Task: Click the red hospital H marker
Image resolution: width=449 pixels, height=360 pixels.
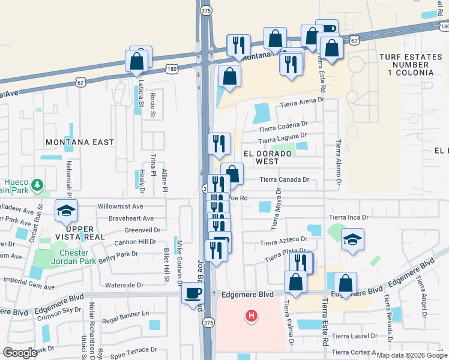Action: (x=252, y=314)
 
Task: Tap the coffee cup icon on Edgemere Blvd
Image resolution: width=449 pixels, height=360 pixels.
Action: (x=193, y=293)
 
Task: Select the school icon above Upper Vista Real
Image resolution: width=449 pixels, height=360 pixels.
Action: (x=65, y=211)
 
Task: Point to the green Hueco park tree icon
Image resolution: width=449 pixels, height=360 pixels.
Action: (x=37, y=184)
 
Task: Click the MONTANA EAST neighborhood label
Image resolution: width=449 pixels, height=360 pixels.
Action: (x=79, y=142)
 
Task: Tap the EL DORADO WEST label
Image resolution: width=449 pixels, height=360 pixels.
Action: (x=268, y=157)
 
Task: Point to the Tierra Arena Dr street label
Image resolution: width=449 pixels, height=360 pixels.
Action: (x=303, y=106)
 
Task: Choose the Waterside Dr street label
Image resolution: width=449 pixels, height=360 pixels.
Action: (x=124, y=286)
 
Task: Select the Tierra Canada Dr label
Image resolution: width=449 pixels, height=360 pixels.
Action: (x=284, y=179)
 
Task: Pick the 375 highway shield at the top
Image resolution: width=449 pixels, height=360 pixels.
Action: (x=206, y=10)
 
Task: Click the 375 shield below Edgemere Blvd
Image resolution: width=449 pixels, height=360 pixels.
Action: (x=208, y=322)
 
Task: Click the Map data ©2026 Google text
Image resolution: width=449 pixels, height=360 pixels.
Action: (x=411, y=355)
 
